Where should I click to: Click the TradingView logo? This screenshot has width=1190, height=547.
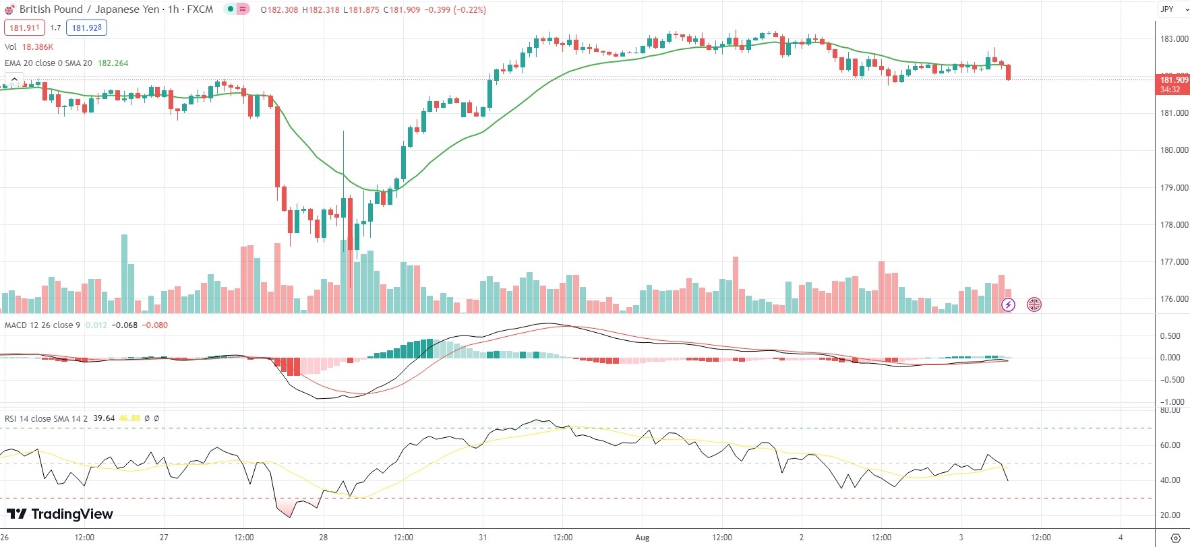pyautogui.click(x=59, y=514)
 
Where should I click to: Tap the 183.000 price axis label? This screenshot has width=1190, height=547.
pyautogui.click(x=1174, y=39)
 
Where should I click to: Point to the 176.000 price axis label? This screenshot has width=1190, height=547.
pyautogui.click(x=1174, y=299)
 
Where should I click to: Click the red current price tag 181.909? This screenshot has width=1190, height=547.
pyautogui.click(x=1173, y=80)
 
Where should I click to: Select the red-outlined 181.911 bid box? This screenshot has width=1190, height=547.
pyautogui.click(x=25, y=28)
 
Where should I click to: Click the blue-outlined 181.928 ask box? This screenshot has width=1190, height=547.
pyautogui.click(x=87, y=28)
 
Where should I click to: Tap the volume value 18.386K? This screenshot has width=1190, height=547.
pyautogui.click(x=38, y=47)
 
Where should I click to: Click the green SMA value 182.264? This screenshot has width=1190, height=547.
pyautogui.click(x=113, y=63)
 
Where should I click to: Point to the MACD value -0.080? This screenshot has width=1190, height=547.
pyautogui.click(x=156, y=325)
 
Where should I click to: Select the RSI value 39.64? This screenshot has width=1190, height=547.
pyautogui.click(x=104, y=418)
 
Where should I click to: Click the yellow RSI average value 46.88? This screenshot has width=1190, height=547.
pyautogui.click(x=129, y=418)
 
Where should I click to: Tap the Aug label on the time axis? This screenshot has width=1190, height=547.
pyautogui.click(x=642, y=538)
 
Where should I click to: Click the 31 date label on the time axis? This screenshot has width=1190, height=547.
pyautogui.click(x=483, y=538)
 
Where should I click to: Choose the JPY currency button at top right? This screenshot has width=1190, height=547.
pyautogui.click(x=1167, y=9)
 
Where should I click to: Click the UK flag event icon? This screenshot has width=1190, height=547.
pyautogui.click(x=1034, y=304)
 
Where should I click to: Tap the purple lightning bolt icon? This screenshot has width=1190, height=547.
pyautogui.click(x=1008, y=304)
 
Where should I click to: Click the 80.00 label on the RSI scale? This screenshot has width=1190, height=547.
pyautogui.click(x=1170, y=410)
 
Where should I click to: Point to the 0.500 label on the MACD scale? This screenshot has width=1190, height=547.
pyautogui.click(x=1170, y=336)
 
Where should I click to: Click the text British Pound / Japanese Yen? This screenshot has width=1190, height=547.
pyautogui.click(x=90, y=9)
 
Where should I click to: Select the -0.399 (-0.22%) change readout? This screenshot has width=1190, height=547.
pyautogui.click(x=455, y=10)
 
